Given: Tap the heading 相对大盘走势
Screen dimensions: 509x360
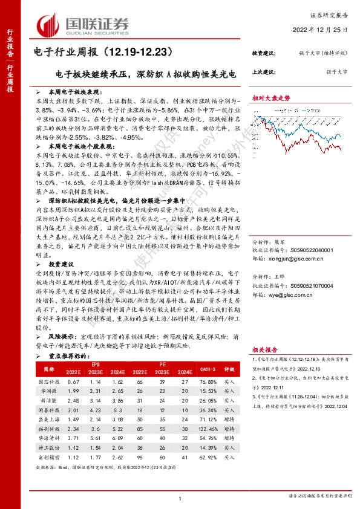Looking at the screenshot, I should tap(272, 97).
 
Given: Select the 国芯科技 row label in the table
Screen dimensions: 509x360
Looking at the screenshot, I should tap(47, 382).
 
